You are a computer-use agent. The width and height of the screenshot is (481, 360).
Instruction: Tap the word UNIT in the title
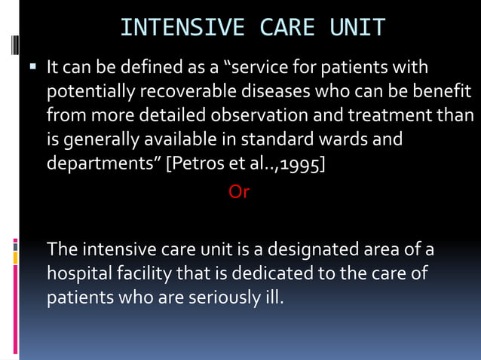pos(357,28)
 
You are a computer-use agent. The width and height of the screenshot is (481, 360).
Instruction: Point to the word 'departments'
pos(104,163)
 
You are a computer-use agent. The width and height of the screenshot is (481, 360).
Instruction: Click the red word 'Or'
pos(239,191)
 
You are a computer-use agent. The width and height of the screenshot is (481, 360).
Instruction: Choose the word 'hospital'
pos(80,273)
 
